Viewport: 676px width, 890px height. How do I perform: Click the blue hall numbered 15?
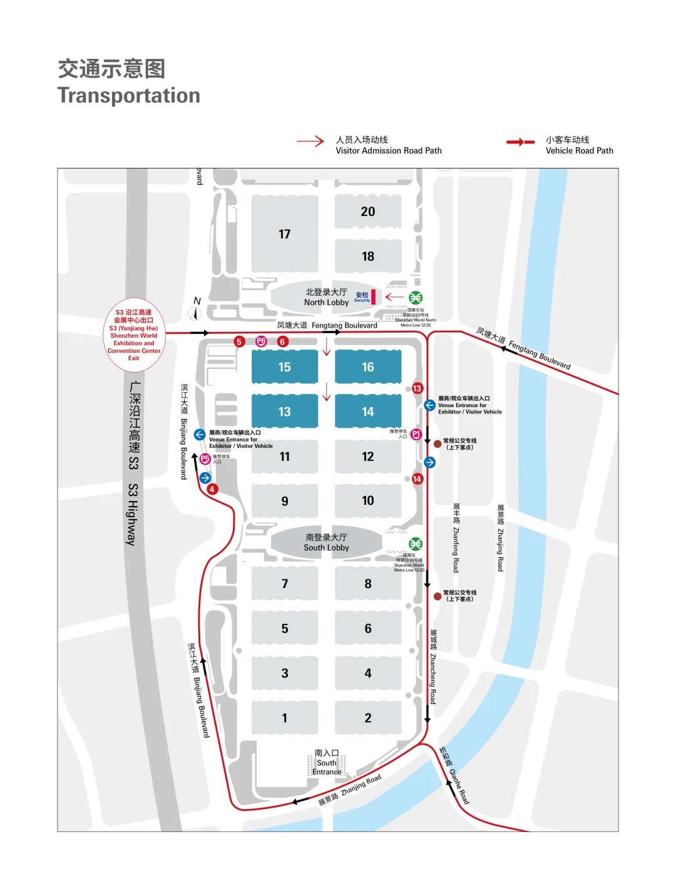(285, 367)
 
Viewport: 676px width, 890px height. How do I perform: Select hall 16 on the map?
(368, 367)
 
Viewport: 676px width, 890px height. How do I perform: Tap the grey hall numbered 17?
(285, 234)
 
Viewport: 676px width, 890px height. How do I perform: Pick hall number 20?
(368, 212)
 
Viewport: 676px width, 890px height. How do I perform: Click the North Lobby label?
(326, 298)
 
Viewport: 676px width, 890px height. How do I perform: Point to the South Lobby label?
(326, 542)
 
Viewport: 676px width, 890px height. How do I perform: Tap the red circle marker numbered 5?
(239, 341)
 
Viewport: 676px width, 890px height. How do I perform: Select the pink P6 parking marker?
(262, 341)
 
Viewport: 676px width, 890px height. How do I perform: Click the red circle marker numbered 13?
(417, 388)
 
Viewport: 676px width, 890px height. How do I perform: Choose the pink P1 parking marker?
(416, 434)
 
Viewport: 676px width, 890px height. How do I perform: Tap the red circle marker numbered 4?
(213, 489)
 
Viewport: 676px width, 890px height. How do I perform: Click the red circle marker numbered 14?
(417, 479)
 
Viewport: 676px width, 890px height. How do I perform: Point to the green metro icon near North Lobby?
(416, 298)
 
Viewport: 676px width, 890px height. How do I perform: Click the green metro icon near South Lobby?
(416, 544)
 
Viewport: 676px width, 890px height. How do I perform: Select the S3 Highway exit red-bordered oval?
(134, 335)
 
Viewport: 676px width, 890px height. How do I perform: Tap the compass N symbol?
(195, 312)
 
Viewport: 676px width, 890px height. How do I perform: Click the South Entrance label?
(327, 763)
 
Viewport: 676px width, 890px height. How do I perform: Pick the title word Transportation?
(129, 96)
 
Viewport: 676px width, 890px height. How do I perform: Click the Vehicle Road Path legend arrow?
(520, 142)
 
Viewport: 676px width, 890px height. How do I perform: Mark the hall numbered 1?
(285, 718)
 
